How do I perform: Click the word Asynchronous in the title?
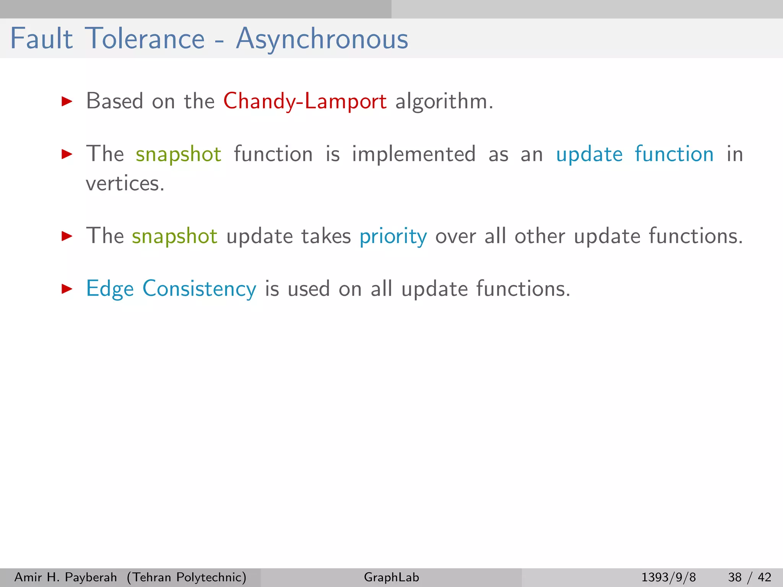pos(322,39)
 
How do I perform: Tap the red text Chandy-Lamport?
pos(305,102)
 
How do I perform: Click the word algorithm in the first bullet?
pos(441,101)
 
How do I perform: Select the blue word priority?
pos(393,237)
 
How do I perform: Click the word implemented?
pos(414,154)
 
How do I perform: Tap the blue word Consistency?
pos(199,289)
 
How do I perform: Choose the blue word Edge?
pos(110,289)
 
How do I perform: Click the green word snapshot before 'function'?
pos(179,155)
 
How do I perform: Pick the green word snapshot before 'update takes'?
pos(175,236)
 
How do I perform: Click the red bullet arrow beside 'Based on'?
pos(67,101)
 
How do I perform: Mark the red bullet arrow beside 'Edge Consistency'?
pos(67,289)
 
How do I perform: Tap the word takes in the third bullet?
pos(326,236)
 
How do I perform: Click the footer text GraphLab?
pos(391,577)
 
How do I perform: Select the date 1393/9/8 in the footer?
pos(668,577)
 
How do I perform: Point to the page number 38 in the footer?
pos(735,577)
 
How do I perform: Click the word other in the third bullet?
pos(539,236)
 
